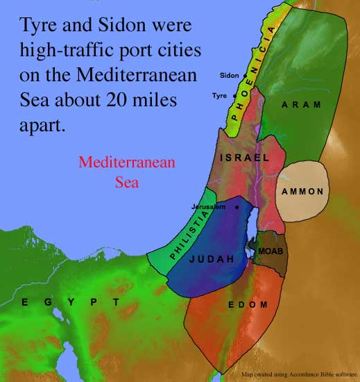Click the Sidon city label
[x=229, y=75]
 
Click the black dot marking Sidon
[x=242, y=75]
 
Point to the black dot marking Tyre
[x=234, y=96]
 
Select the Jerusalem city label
[x=211, y=207]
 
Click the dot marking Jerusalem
[x=237, y=207]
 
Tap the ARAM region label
[x=301, y=105]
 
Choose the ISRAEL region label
[x=244, y=158]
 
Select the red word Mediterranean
[x=127, y=163]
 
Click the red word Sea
[x=127, y=183]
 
